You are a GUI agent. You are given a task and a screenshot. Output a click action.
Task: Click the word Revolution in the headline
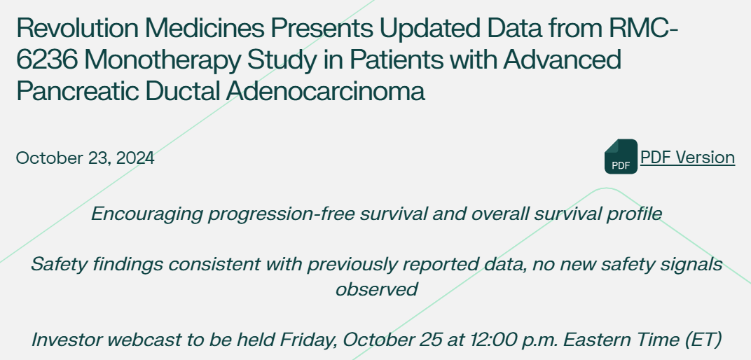coord(77,28)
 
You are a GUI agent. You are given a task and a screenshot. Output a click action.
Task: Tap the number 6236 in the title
coord(46,60)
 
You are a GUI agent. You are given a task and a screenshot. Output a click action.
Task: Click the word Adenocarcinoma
coord(326,90)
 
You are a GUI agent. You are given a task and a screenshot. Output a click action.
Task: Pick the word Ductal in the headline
coord(182,90)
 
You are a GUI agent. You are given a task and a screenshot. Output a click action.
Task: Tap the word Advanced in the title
coord(563,60)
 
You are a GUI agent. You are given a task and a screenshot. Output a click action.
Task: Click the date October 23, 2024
coord(85,158)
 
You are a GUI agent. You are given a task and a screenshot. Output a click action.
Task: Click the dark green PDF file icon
coord(621,156)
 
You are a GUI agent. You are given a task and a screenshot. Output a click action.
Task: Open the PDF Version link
coord(687,157)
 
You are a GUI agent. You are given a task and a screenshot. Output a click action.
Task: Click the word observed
coord(376,289)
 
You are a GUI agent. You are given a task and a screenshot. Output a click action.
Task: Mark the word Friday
coord(308,340)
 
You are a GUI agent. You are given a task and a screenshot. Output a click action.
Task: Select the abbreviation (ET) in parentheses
coord(703,340)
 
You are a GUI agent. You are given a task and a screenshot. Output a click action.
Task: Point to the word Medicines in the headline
coord(205,28)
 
